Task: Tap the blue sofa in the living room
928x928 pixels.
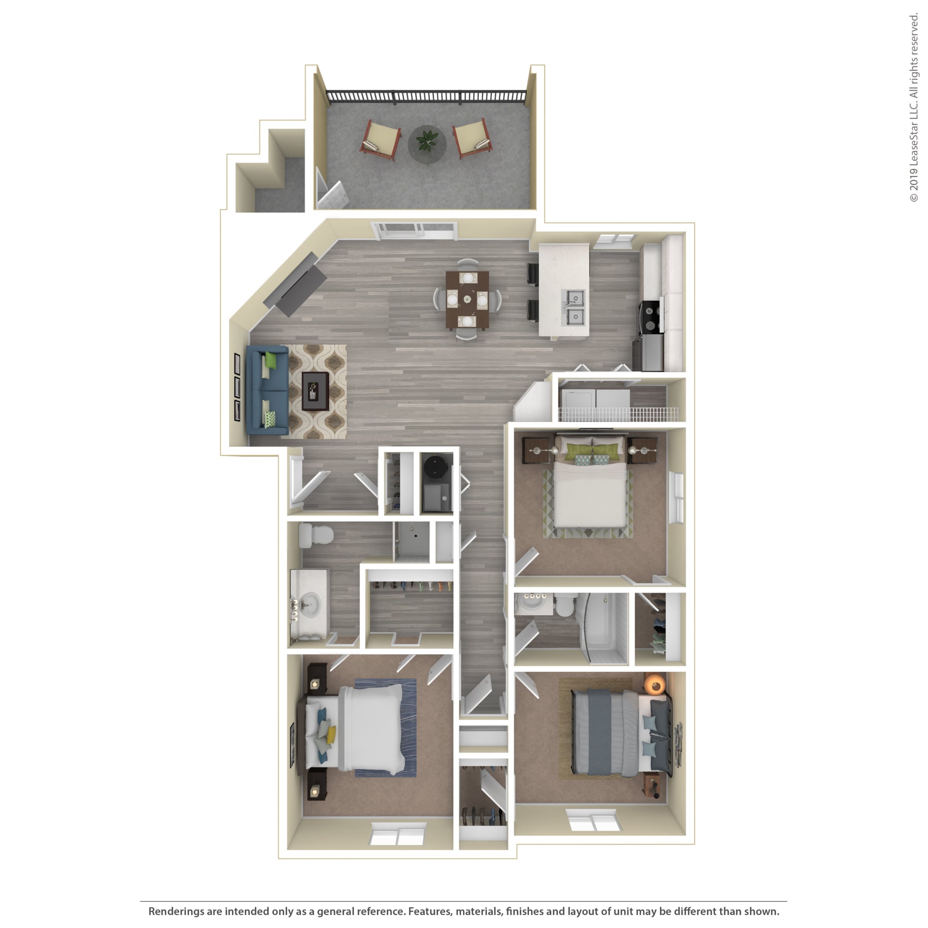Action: coord(267,390)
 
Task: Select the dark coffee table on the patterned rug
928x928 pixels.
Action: coord(315,392)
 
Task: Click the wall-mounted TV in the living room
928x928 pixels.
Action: coord(295,284)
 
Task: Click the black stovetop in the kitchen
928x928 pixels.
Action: coord(651,317)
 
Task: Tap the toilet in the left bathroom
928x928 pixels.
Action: coord(316,535)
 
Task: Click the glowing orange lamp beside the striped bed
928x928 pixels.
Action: coord(655,684)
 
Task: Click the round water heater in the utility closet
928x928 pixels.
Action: coord(437,466)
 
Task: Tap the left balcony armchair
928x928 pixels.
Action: coord(380,139)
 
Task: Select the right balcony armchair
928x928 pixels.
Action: coord(472,138)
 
